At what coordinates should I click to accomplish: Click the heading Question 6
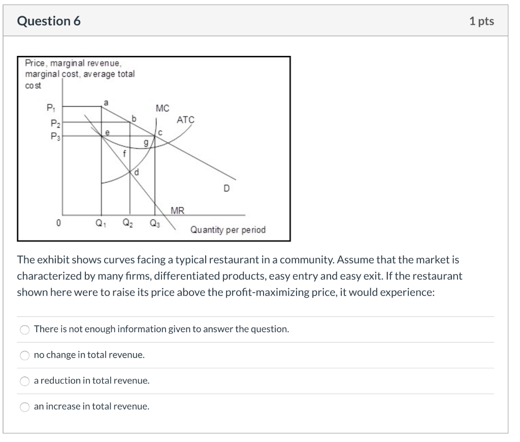click(x=49, y=21)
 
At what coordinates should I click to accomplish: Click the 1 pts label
click(x=481, y=21)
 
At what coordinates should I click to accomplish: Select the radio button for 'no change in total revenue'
click(x=24, y=355)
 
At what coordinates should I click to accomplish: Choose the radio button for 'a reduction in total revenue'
click(x=24, y=381)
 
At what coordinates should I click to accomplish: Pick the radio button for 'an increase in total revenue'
click(x=24, y=407)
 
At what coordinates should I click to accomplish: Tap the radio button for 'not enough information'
click(x=24, y=329)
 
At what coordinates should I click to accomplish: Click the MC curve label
click(x=162, y=108)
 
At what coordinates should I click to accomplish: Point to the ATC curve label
click(x=185, y=120)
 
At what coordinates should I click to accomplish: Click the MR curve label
click(x=178, y=210)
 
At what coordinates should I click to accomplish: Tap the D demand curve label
click(x=226, y=188)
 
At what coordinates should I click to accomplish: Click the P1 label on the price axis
click(x=50, y=108)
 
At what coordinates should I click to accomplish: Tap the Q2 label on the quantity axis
click(x=128, y=223)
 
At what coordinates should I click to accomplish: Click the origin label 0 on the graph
click(x=59, y=223)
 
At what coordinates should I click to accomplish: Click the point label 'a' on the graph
click(x=106, y=102)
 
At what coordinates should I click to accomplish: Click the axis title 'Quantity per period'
click(x=228, y=230)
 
